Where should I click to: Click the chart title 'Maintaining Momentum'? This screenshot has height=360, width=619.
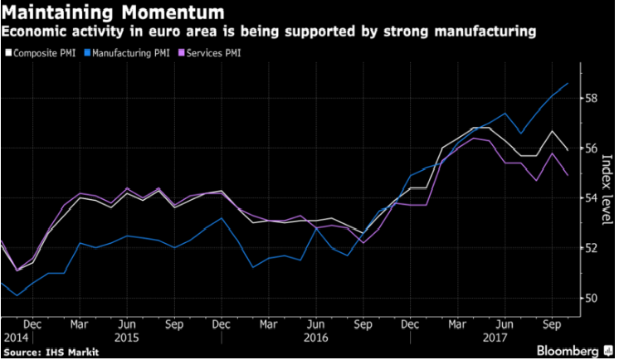pyautogui.click(x=113, y=12)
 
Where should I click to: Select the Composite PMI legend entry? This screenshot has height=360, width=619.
pyautogui.click(x=41, y=53)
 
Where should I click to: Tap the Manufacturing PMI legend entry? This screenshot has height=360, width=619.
pyautogui.click(x=127, y=53)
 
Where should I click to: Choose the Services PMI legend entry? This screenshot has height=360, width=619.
pyautogui.click(x=210, y=53)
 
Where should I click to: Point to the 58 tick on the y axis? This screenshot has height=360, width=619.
pyautogui.click(x=591, y=98)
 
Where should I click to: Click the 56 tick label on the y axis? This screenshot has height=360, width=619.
pyautogui.click(x=591, y=148)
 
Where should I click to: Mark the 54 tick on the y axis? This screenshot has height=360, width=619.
pyautogui.click(x=591, y=197)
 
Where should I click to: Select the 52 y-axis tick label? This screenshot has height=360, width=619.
pyautogui.click(x=591, y=248)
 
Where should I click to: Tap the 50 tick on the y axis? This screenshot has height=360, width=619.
pyautogui.click(x=591, y=298)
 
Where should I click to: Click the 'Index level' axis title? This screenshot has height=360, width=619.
pyautogui.click(x=607, y=190)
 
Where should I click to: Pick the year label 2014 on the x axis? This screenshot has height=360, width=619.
pyautogui.click(x=16, y=338)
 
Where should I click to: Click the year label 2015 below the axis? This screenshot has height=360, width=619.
pyautogui.click(x=127, y=338)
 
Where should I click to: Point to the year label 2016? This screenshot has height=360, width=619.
pyautogui.click(x=316, y=338)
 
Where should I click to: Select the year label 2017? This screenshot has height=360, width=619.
pyautogui.click(x=495, y=338)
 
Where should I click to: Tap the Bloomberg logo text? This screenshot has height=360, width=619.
pyautogui.click(x=568, y=351)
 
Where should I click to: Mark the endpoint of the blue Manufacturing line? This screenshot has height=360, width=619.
pyautogui.click(x=568, y=83)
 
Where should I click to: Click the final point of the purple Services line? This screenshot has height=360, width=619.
pyautogui.click(x=568, y=176)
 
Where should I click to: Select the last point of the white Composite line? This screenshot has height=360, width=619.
pyautogui.click(x=568, y=150)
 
